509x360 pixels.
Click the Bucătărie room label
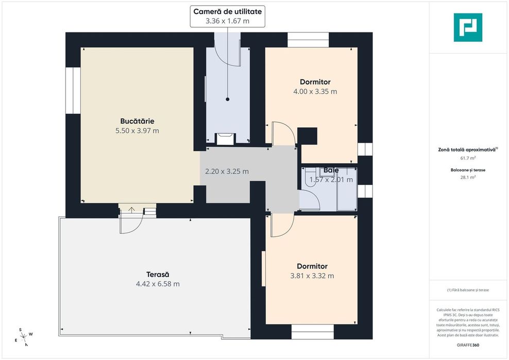point(137,121)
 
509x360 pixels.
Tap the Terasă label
point(158,275)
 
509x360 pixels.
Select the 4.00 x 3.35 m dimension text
point(315,92)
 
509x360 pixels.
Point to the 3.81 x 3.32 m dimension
point(312,276)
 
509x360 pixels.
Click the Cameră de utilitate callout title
point(228,11)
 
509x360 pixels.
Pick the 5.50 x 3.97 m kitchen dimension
point(138,131)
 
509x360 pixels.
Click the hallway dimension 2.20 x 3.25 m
point(227,172)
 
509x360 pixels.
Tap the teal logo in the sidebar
point(468,28)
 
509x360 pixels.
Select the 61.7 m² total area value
point(468,159)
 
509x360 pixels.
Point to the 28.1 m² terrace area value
point(468,177)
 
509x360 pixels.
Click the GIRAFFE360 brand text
point(468,345)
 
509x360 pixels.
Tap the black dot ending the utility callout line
point(228,99)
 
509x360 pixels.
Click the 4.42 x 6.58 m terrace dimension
point(158,284)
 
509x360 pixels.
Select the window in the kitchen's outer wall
point(73,91)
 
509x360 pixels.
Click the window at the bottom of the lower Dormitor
point(312,332)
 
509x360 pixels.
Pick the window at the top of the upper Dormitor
point(308,40)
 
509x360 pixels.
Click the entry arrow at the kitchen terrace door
point(131,210)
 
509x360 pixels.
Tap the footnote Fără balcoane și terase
point(468,290)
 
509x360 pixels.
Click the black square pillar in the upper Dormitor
point(307,136)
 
